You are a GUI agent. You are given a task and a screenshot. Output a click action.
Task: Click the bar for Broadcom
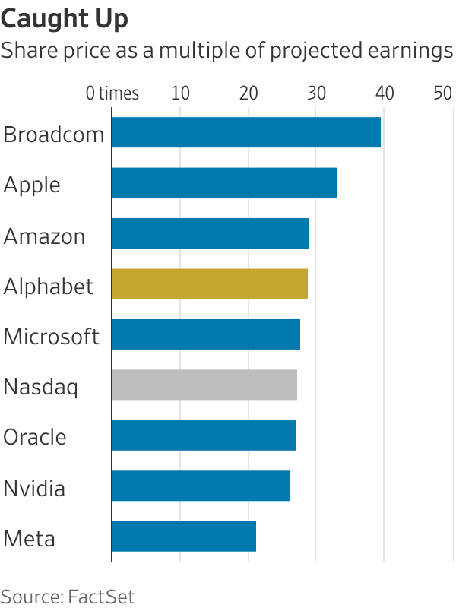pyautogui.click(x=246, y=132)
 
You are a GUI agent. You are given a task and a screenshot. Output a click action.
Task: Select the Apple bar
pyautogui.click(x=224, y=183)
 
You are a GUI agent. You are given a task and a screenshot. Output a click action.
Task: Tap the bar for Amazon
pyautogui.click(x=211, y=233)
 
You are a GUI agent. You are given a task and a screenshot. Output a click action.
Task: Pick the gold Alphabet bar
pyautogui.click(x=210, y=283)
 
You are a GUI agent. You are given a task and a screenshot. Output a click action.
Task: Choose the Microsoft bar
pyautogui.click(x=206, y=334)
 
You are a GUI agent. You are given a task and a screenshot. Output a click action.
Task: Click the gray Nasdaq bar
pyautogui.click(x=204, y=385)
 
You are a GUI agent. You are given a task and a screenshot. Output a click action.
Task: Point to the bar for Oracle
pyautogui.click(x=204, y=435)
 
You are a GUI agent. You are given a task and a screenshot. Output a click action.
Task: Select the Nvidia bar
pyautogui.click(x=201, y=486)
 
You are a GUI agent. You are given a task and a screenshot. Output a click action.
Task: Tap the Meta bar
pyautogui.click(x=184, y=536)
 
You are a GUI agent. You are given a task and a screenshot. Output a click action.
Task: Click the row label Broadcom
pyautogui.click(x=53, y=135)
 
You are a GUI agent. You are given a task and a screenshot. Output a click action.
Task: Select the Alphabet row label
pyautogui.click(x=49, y=287)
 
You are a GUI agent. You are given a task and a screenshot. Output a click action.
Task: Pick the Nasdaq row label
pyautogui.click(x=41, y=388)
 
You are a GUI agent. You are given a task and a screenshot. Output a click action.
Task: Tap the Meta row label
pyautogui.click(x=30, y=539)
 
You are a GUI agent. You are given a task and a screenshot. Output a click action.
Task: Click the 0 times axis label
pyautogui.click(x=112, y=93)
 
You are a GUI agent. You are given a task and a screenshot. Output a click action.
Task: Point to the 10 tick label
pyautogui.click(x=180, y=93)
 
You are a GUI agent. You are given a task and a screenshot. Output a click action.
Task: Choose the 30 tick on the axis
pyautogui.click(x=317, y=93)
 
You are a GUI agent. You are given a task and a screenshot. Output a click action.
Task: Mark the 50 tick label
pyautogui.click(x=443, y=93)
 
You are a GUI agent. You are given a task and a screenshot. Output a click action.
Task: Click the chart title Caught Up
pyautogui.click(x=65, y=18)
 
